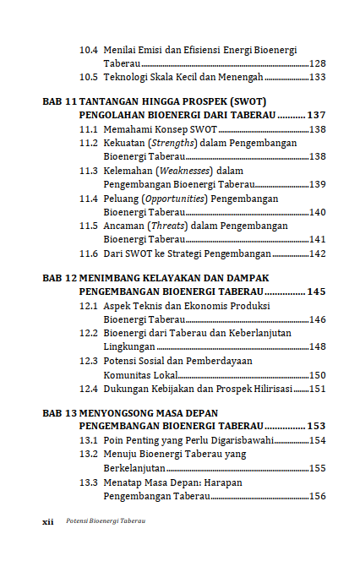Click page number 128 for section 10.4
(x=319, y=63)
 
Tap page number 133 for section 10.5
(x=319, y=77)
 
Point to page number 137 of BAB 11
(x=317, y=114)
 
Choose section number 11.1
(x=89, y=129)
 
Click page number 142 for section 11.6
(x=319, y=253)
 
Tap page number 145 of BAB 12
(x=317, y=291)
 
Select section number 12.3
(x=89, y=361)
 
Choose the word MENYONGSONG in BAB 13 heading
(x=119, y=412)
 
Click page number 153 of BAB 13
(x=317, y=426)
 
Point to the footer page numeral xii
(x=49, y=521)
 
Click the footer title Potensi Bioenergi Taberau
(x=106, y=521)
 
